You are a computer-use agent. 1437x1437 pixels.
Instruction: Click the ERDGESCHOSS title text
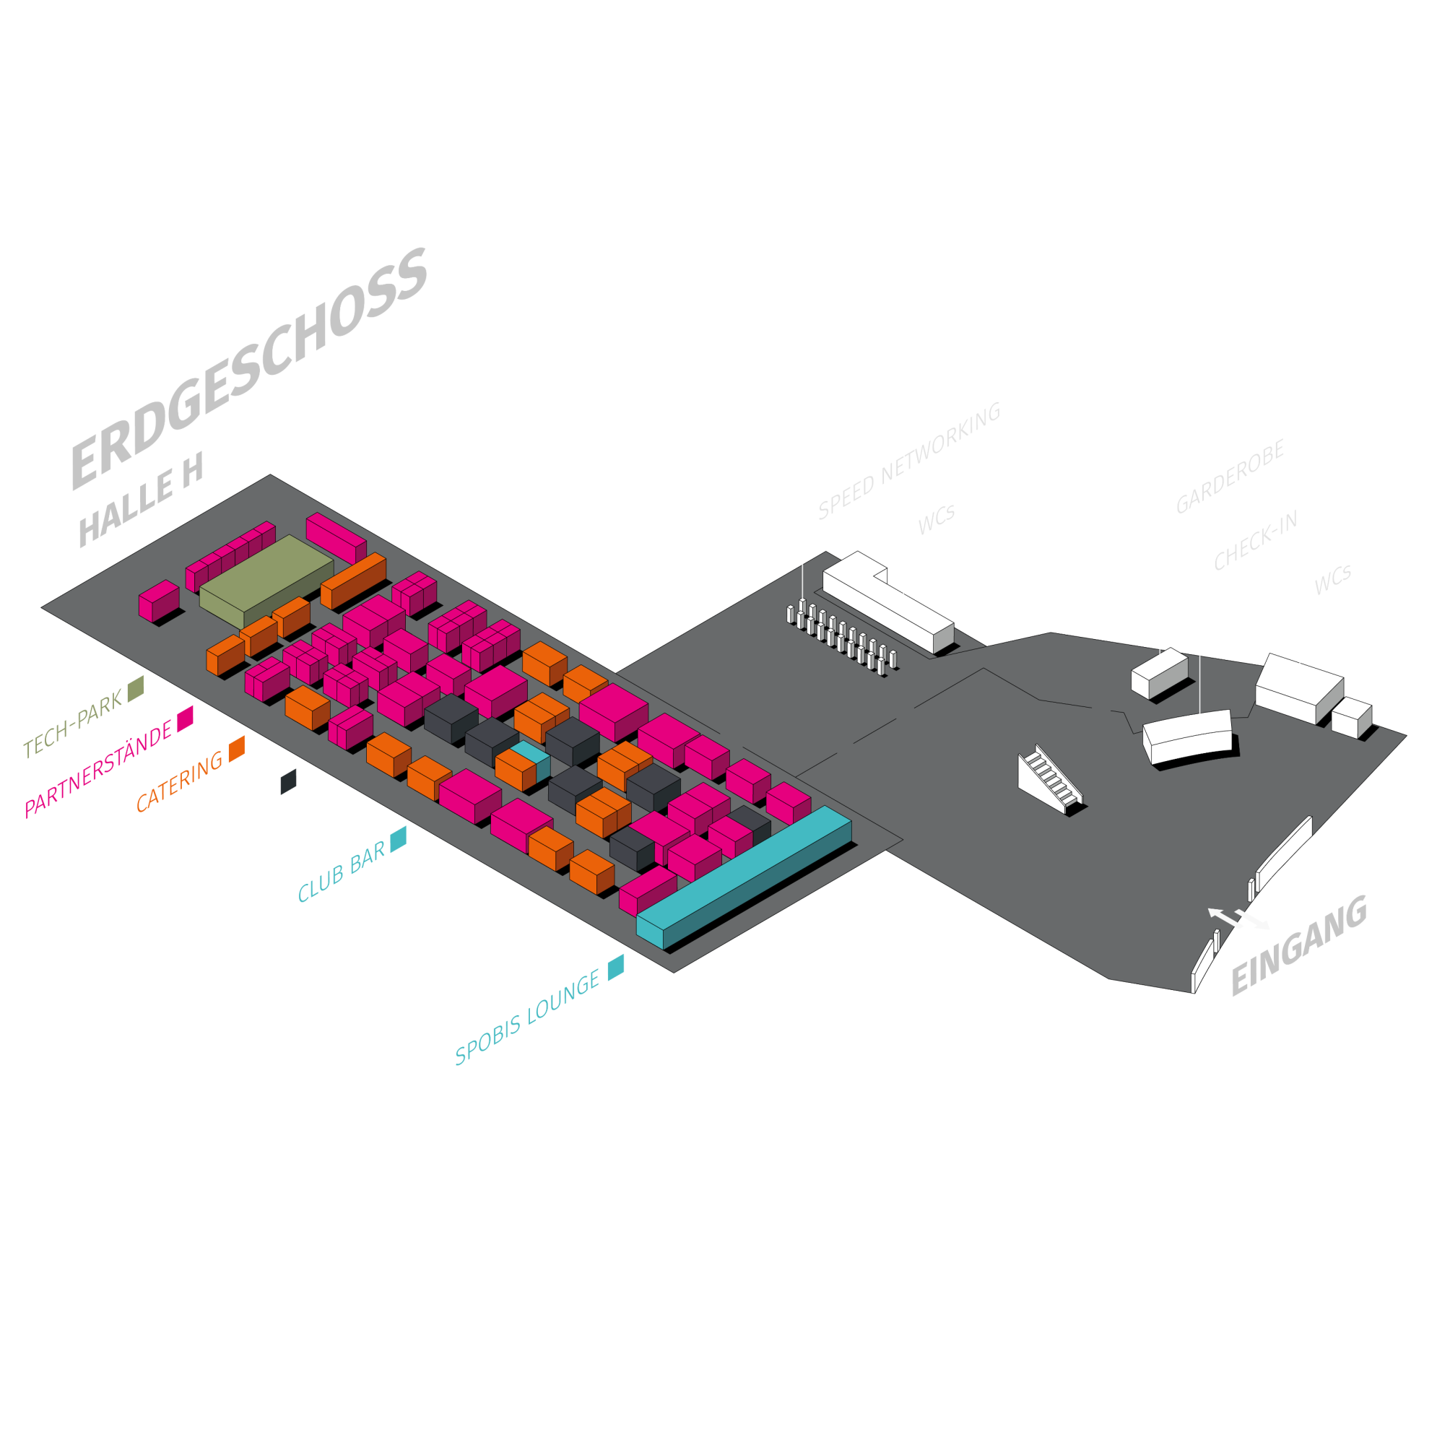(x=249, y=368)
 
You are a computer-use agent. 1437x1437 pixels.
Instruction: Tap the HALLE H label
(x=141, y=499)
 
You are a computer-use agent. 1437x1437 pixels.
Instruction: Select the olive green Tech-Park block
(x=266, y=581)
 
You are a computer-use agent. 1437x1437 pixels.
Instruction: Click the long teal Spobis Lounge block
(x=744, y=877)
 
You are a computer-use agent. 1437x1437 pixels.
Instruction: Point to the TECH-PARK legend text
(x=73, y=724)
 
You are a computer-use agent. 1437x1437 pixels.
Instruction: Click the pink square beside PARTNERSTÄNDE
(x=185, y=718)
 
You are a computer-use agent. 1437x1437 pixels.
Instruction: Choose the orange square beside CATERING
(x=238, y=749)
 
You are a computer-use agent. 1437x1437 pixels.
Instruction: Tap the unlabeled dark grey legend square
(x=289, y=782)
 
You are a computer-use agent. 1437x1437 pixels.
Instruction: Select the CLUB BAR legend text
(x=342, y=871)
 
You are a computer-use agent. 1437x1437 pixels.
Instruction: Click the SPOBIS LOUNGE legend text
(x=527, y=1017)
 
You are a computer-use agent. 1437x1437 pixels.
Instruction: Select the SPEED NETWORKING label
(x=909, y=461)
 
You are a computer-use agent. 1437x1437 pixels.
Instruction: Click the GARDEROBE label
(x=1230, y=476)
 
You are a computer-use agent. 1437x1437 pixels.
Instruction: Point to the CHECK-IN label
(x=1256, y=540)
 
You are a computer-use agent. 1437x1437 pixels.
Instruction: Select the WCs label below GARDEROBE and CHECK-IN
(x=1333, y=579)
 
